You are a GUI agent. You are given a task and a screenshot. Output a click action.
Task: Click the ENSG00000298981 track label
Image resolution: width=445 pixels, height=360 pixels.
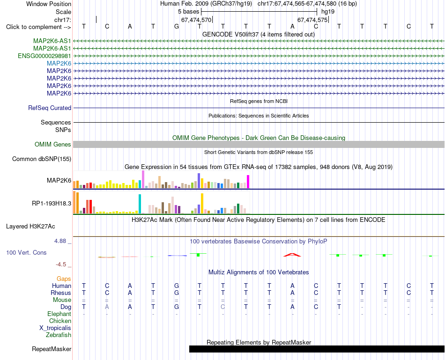pos(44,56)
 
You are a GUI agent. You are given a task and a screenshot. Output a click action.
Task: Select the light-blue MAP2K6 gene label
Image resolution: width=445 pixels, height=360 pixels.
pos(59,63)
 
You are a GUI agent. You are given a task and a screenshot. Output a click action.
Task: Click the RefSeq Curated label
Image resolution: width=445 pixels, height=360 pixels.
pos(50,108)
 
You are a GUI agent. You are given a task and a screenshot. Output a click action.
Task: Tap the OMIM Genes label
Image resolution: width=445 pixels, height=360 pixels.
pos(52,144)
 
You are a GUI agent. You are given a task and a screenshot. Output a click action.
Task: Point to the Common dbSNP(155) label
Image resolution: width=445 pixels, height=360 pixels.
pos(42,159)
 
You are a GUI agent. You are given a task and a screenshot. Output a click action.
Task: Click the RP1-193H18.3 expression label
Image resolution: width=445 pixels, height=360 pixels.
pos(52,203)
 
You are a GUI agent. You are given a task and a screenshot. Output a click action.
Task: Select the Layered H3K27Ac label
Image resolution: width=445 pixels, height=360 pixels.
pos(30,227)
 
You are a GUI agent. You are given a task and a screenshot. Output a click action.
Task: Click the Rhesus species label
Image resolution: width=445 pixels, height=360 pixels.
pos(61,293)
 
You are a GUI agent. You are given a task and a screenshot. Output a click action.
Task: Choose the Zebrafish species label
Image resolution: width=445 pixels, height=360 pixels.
pos(59,335)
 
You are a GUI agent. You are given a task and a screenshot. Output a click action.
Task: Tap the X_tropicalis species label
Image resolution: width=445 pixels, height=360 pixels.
pos(55,328)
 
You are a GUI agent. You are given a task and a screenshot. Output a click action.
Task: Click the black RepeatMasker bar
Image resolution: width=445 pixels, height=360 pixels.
pos(317,349)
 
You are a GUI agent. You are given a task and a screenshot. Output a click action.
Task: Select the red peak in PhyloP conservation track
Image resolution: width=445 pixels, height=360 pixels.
pos(292,255)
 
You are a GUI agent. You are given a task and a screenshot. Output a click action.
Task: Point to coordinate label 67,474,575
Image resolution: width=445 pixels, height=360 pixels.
pos(312,20)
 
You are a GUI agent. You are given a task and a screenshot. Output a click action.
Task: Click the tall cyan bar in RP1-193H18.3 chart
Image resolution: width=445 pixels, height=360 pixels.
pos(140,204)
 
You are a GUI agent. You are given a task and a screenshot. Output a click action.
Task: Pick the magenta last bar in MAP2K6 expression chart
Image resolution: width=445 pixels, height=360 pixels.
pos(248,182)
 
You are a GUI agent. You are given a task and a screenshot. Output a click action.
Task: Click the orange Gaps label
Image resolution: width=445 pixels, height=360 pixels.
pos(64,279)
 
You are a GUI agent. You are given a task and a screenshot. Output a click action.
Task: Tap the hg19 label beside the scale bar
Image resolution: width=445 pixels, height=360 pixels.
pos(328,12)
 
